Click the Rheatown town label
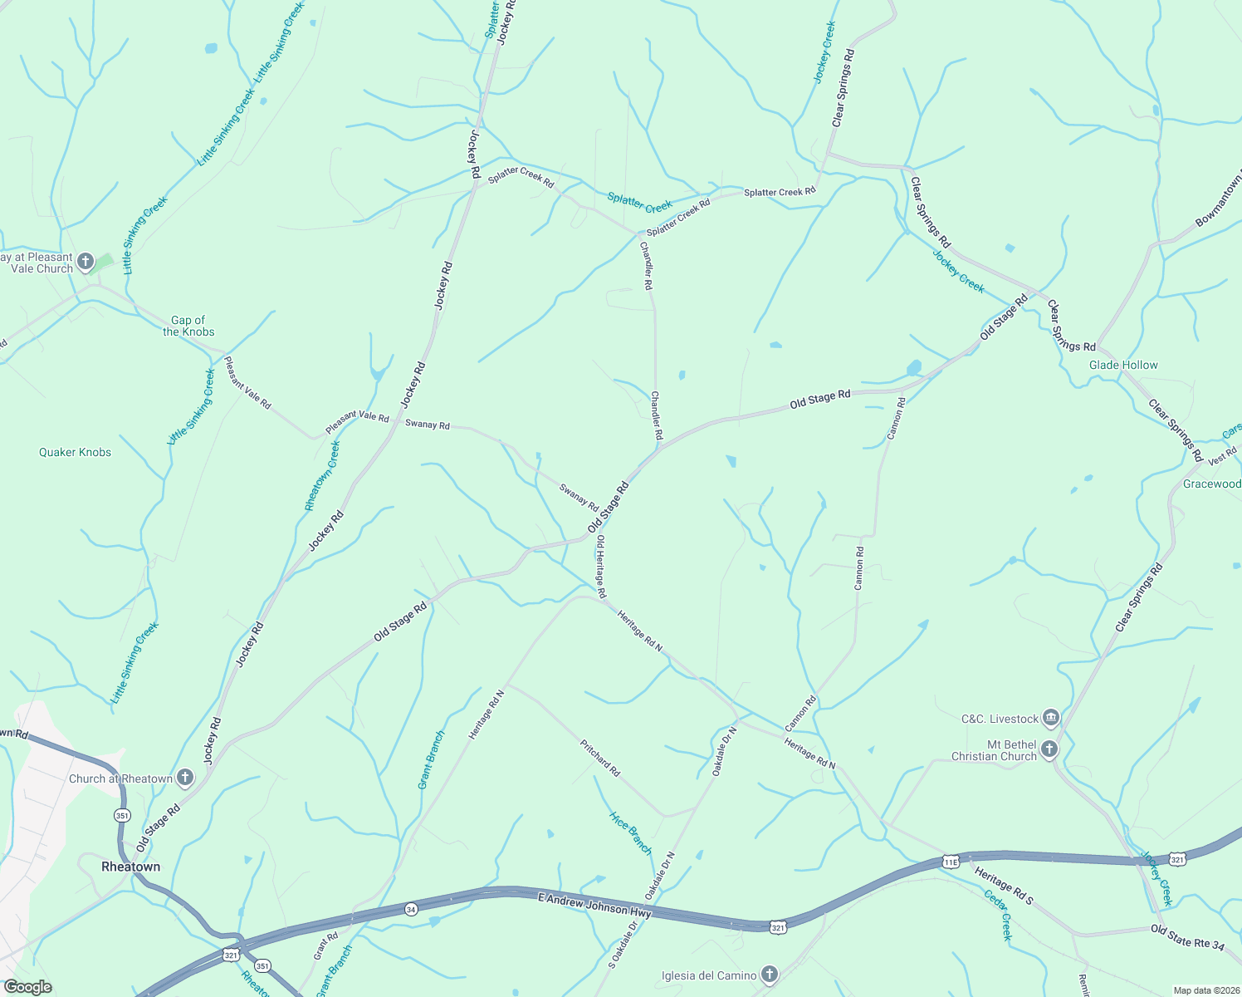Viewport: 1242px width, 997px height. pyautogui.click(x=130, y=867)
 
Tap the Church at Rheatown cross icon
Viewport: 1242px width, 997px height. pyautogui.click(x=185, y=778)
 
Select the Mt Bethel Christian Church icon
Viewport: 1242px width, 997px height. pyautogui.click(x=1049, y=749)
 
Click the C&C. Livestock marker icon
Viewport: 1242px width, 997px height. pyautogui.click(x=1051, y=718)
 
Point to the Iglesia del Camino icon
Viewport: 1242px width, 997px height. pyautogui.click(x=770, y=975)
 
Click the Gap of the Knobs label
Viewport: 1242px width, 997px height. pyautogui.click(x=188, y=326)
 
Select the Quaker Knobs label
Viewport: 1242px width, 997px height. pyautogui.click(x=75, y=452)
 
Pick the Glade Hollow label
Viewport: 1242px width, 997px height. pyautogui.click(x=1123, y=365)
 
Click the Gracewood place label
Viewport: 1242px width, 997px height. pyautogui.click(x=1211, y=484)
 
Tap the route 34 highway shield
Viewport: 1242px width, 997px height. pyautogui.click(x=411, y=910)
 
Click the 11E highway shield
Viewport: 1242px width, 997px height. pyautogui.click(x=951, y=862)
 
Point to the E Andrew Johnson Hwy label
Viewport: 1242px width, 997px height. pyautogui.click(x=594, y=905)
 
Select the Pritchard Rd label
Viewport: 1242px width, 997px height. pyautogui.click(x=600, y=758)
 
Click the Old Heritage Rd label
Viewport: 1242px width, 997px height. pyautogui.click(x=600, y=567)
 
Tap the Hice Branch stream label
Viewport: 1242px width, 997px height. pyautogui.click(x=631, y=832)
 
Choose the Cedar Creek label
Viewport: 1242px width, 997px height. pyautogui.click(x=998, y=915)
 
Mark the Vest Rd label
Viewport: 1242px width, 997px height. pyautogui.click(x=1222, y=456)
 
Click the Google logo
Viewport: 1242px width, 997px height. pyautogui.click(x=28, y=987)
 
